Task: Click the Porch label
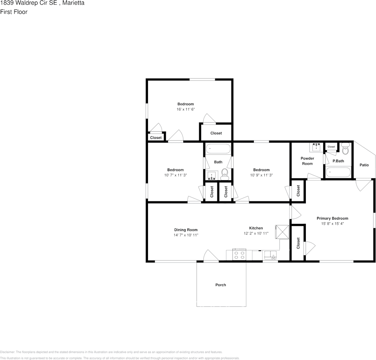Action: (x=220, y=285)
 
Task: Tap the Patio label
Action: (x=364, y=165)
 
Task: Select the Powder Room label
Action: (x=307, y=161)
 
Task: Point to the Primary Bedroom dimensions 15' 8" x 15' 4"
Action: (x=332, y=223)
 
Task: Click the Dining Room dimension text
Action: (x=186, y=235)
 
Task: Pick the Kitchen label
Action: (x=256, y=228)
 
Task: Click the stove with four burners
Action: (x=239, y=255)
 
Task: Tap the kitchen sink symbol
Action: (x=270, y=255)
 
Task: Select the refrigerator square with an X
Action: (x=282, y=232)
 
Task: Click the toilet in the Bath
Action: (x=225, y=174)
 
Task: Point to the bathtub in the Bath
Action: (x=218, y=149)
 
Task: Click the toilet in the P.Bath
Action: (x=345, y=149)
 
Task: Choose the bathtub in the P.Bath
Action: (x=338, y=172)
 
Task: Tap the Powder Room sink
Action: (x=316, y=148)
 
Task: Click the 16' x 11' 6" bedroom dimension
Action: (x=186, y=109)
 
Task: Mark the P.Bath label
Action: (x=338, y=161)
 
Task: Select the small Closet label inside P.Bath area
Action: (x=331, y=147)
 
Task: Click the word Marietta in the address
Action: (x=73, y=3)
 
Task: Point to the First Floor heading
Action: (x=14, y=12)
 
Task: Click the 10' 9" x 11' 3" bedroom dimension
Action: (x=261, y=175)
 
